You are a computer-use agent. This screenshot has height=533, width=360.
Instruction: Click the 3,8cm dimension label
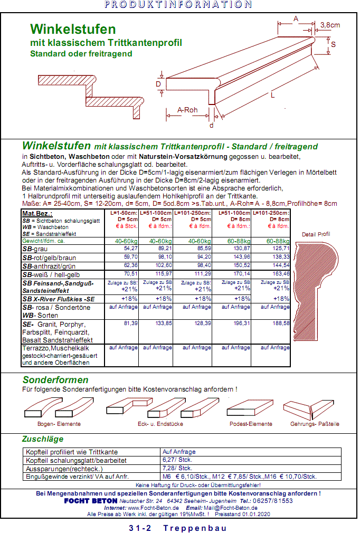point(330,25)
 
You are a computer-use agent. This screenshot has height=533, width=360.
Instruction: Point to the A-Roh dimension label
point(187,110)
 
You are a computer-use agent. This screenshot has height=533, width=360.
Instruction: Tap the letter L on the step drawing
point(272,95)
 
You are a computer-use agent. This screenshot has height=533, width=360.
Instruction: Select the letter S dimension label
point(333,45)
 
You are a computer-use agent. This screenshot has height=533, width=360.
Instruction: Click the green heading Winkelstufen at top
point(73,28)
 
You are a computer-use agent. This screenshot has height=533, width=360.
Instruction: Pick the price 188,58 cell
point(280,323)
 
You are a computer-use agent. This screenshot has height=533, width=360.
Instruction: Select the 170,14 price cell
point(241,274)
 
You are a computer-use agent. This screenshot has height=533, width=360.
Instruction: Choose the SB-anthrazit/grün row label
point(52,266)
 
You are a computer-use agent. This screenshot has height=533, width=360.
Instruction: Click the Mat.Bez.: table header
point(36,213)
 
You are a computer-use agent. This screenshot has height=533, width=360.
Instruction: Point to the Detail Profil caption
point(316,234)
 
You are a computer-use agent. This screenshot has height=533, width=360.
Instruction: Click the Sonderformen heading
point(55,380)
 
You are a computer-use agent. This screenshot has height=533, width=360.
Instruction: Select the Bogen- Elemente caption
point(59,424)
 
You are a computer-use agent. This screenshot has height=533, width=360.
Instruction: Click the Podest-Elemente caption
point(251,424)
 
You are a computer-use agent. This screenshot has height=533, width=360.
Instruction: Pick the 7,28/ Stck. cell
point(177,468)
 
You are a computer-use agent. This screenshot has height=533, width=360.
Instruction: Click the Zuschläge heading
point(42,439)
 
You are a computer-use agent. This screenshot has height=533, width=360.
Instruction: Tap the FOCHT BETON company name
point(90,501)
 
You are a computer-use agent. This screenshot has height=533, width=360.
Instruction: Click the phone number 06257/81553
point(273,501)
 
